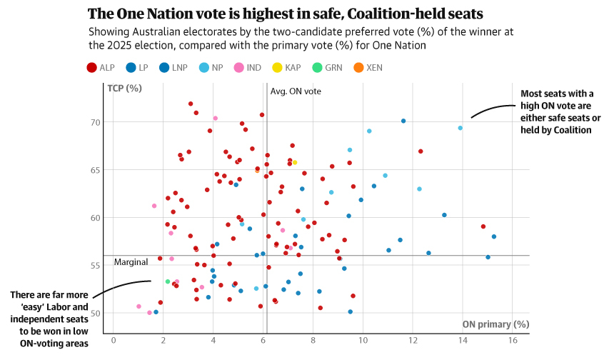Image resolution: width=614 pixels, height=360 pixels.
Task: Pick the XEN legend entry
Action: click(367, 68)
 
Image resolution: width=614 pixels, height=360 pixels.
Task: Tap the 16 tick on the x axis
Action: click(513, 340)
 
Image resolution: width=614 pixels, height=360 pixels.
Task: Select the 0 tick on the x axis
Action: click(113, 340)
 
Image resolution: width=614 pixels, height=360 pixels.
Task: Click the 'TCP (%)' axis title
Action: click(125, 89)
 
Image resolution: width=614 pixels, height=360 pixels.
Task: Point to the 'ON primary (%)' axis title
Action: click(495, 324)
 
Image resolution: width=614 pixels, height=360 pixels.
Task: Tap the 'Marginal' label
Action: click(131, 262)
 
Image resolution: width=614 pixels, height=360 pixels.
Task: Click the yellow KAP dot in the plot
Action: click(294, 162)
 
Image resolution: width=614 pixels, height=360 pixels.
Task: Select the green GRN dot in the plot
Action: click(168, 281)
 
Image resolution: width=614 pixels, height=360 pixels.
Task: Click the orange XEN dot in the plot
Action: click(258, 171)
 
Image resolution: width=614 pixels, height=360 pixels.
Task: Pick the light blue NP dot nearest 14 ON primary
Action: click(460, 128)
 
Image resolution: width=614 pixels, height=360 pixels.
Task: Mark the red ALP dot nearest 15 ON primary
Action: click(483, 226)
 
